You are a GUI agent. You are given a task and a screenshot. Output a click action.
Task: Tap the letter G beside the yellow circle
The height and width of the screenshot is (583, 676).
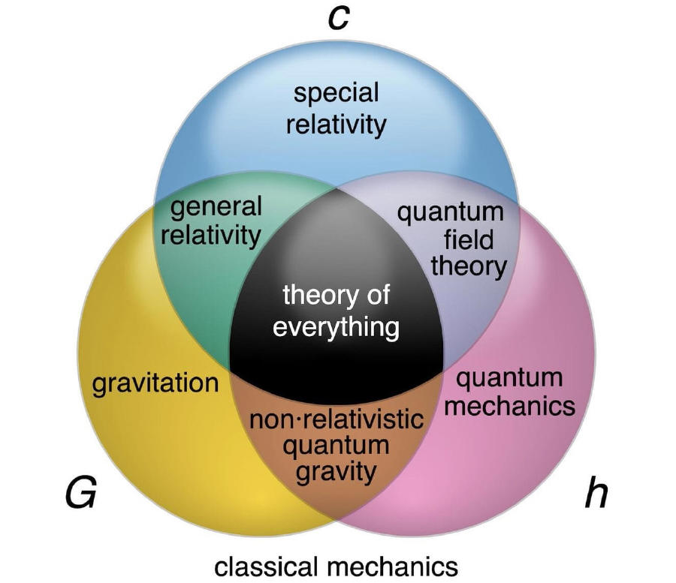[x=81, y=494]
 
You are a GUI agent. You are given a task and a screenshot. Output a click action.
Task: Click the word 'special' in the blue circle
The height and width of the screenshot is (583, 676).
[x=336, y=95]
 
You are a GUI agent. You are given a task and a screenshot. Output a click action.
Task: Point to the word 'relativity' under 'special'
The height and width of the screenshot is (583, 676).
[x=336, y=124]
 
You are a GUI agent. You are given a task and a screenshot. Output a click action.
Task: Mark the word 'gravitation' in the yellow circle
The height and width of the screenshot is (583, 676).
[x=155, y=383]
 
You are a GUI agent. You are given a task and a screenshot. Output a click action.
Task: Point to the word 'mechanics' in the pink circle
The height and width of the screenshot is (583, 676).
[x=515, y=407]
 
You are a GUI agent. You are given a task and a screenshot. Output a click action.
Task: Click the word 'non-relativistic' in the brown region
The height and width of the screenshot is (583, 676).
[x=336, y=419]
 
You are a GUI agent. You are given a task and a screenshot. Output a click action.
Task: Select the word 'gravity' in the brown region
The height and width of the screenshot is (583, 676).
[x=336, y=473]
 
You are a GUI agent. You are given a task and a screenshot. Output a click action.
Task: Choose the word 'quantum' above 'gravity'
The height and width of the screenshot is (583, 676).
[x=336, y=446]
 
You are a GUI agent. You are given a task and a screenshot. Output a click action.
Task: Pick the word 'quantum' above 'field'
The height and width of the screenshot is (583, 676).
[x=450, y=212]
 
